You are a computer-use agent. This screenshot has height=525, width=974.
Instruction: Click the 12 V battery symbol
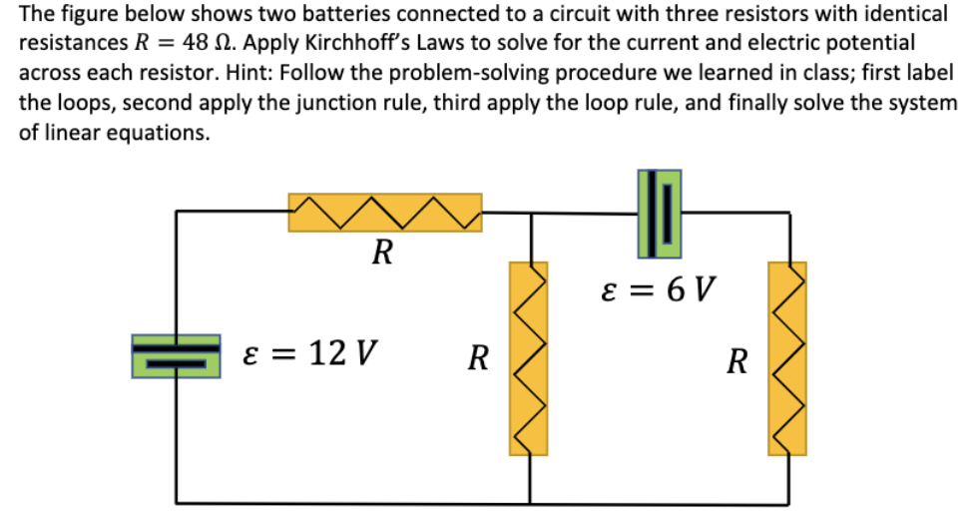tap(177, 356)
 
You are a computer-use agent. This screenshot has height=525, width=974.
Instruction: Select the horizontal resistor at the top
tap(385, 213)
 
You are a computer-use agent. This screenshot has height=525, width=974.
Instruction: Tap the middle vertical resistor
tap(529, 358)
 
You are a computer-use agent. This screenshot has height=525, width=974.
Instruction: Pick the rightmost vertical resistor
tap(786, 358)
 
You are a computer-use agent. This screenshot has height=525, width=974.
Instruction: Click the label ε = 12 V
tap(310, 352)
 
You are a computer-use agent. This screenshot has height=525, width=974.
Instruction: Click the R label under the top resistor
tap(381, 253)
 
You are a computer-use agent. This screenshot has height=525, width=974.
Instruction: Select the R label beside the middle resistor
tap(479, 357)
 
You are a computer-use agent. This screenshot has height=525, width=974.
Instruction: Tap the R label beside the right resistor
tap(736, 360)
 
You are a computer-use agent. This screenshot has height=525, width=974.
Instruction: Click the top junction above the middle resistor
tap(529, 213)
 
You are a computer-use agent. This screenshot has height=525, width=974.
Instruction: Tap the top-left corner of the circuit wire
tap(178, 213)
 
